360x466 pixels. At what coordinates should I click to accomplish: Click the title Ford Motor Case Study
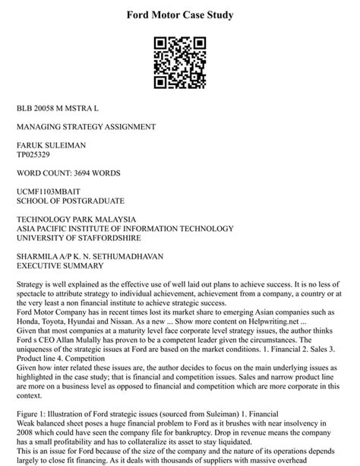179,14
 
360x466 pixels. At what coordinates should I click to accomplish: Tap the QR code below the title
179,60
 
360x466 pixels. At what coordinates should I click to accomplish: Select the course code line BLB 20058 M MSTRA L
63,109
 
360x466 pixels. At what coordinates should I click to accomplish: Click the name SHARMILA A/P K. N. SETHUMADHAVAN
90,257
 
